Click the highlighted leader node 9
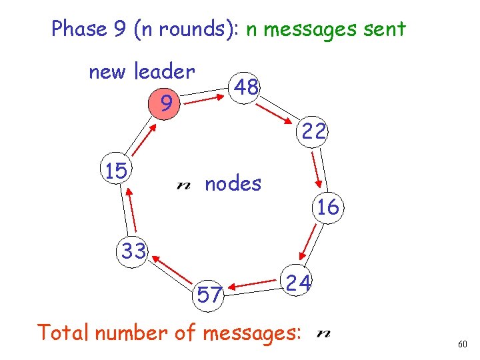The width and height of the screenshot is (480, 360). tap(163, 103)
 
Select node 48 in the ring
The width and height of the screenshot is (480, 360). tap(247, 86)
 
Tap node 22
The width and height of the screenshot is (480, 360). tap(313, 132)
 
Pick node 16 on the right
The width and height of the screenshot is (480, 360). tap(328, 207)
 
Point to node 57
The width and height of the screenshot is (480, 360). tap(209, 294)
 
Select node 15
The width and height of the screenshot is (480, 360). tap(116, 171)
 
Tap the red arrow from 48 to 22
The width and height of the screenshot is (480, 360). tap(279, 109)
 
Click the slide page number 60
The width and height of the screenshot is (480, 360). tap(463, 344)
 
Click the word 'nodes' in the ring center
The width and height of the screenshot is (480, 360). tap(233, 183)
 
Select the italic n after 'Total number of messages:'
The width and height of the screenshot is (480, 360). tap(325, 333)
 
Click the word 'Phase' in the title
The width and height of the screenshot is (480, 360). tap(79, 29)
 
